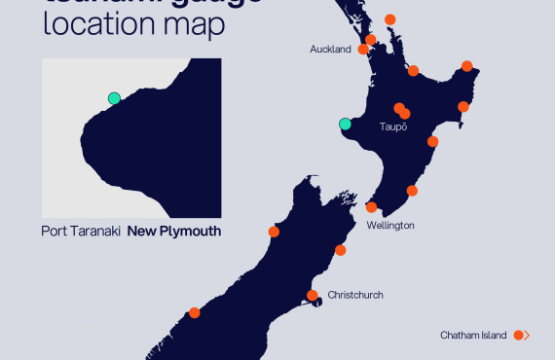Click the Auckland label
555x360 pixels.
click(x=330, y=50)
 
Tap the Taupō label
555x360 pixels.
click(x=392, y=127)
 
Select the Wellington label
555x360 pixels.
click(x=390, y=225)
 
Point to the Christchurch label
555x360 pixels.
click(x=355, y=295)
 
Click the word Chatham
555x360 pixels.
click(x=461, y=336)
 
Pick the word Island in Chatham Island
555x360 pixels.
click(x=496, y=336)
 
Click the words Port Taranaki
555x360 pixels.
click(x=81, y=232)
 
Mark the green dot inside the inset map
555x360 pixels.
click(x=114, y=98)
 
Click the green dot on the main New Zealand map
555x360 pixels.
click(x=345, y=124)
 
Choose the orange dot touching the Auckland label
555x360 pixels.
click(x=363, y=49)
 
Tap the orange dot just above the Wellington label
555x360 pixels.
click(x=371, y=207)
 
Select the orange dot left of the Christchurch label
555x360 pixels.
click(x=313, y=295)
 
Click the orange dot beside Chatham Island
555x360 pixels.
click(x=519, y=336)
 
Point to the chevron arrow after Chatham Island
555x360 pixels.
click(x=527, y=336)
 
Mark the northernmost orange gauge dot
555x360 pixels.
click(x=389, y=19)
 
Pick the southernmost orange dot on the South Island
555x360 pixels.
click(x=195, y=312)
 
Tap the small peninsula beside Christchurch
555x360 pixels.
click(x=317, y=304)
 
